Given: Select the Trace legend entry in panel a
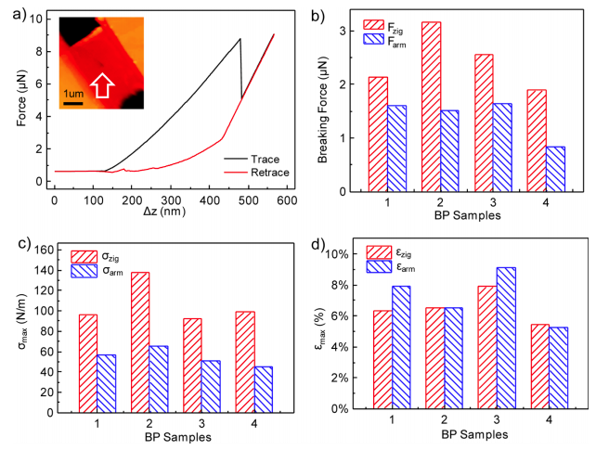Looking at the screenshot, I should point(247,159).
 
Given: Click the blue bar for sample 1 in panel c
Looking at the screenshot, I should point(108,381).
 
